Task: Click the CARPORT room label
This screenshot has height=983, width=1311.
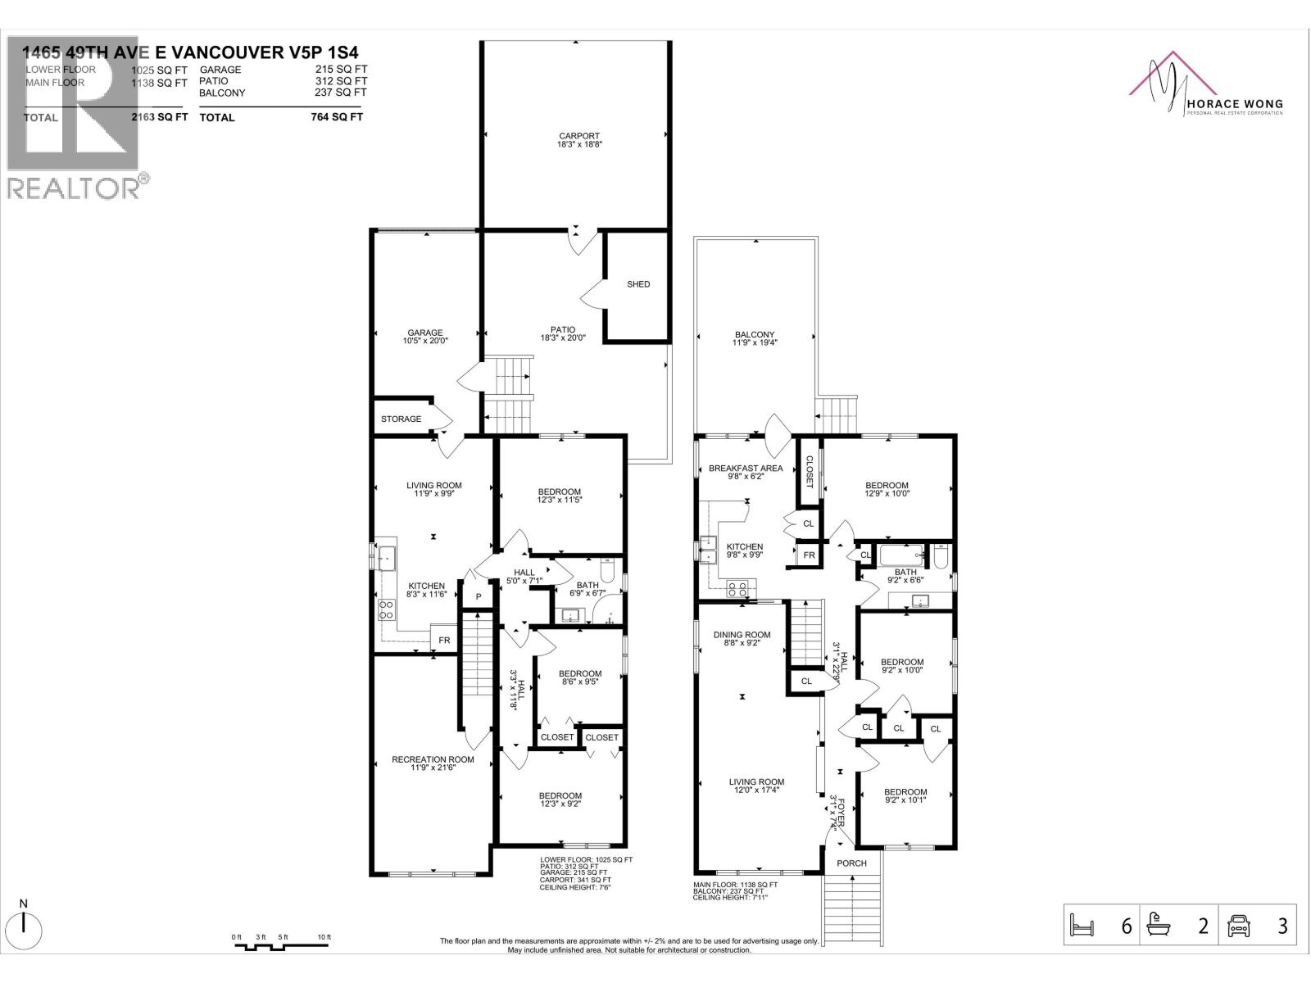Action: [x=578, y=140]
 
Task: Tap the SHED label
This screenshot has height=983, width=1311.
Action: [x=638, y=284]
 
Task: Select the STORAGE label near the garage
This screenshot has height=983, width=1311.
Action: [x=401, y=419]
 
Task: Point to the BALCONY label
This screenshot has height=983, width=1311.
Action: [x=754, y=338]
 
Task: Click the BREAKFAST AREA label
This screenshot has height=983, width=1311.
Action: [x=746, y=472]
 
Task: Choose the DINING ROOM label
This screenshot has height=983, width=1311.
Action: [x=742, y=639]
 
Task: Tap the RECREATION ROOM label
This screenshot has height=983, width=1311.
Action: [x=433, y=763]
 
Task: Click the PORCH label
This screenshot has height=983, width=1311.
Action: [x=851, y=863]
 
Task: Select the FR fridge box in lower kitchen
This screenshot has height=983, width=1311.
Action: [x=444, y=640]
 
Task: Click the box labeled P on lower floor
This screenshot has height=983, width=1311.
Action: [x=478, y=596]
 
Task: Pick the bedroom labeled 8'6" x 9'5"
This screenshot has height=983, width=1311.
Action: [x=580, y=678]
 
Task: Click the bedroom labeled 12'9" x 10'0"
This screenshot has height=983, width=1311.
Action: [x=887, y=489]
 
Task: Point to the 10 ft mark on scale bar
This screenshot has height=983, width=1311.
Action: [x=324, y=937]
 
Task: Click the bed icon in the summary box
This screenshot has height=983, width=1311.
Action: [x=1082, y=926]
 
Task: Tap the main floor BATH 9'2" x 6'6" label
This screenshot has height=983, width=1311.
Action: [x=905, y=576]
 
